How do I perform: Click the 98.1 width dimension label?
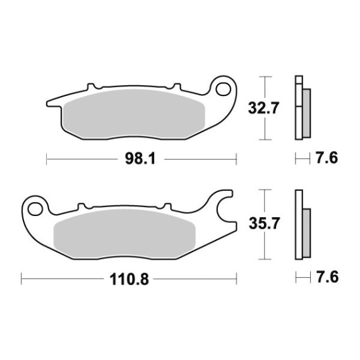click(x=140, y=159)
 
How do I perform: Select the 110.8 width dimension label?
click(x=129, y=279)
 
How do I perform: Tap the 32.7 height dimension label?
click(x=263, y=108)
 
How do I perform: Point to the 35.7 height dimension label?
click(x=264, y=224)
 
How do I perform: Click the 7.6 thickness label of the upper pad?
click(x=327, y=158)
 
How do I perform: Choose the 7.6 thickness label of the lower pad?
click(x=327, y=277)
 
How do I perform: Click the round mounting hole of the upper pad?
click(x=223, y=89)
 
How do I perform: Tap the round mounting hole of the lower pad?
click(x=35, y=209)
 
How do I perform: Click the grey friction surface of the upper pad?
click(x=134, y=114)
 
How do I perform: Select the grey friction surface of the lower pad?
click(x=124, y=234)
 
